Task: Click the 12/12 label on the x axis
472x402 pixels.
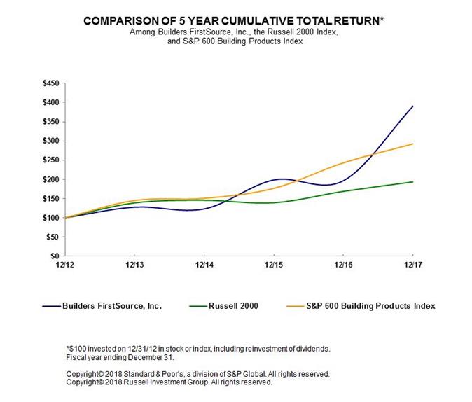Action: (64, 265)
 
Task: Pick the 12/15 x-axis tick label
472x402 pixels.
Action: (274, 265)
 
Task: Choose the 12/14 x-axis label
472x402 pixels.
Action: (204, 265)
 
